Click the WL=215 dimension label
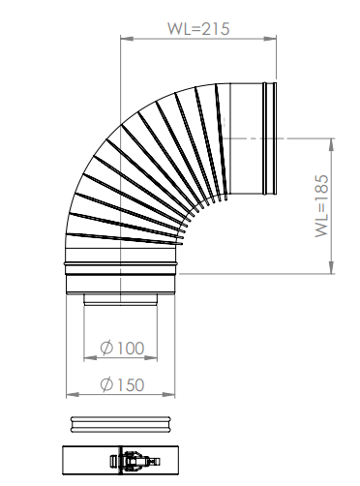tap(198, 28)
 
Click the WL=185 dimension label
tap(322, 206)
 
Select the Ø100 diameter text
tap(122, 348)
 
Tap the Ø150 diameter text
tap(122, 384)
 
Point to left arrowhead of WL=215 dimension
tap(127, 39)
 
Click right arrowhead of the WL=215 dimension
tap(270, 39)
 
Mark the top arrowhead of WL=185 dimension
tap(331, 144)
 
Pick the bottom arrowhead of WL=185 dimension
tap(331, 267)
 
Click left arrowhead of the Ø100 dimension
tap(90, 358)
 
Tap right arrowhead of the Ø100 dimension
tap(151, 358)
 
